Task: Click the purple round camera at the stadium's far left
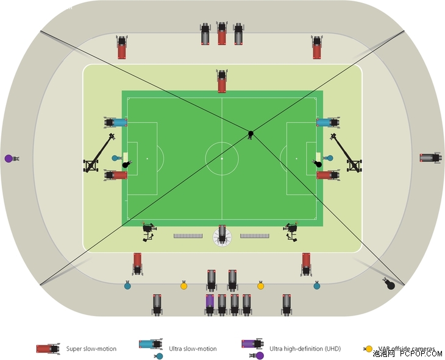pos(9,158)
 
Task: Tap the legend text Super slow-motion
pos(91,349)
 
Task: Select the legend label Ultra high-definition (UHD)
pos(305,349)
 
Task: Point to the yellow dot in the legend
pos(369,349)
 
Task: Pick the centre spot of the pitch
pos(222,158)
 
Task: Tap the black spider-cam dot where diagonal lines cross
pos(250,133)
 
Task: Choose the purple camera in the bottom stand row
pos(210,303)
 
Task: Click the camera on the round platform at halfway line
pos(222,235)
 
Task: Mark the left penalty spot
pos(147,158)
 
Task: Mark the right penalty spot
pos(297,158)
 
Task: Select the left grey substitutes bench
pos(188,235)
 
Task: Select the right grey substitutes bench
pos(255,235)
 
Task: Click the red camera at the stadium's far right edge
pos(430,158)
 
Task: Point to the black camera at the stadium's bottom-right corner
pos(389,284)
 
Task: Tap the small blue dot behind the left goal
pos(115,158)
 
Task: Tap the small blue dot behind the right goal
pos(330,158)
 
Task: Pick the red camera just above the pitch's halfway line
pos(222,81)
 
